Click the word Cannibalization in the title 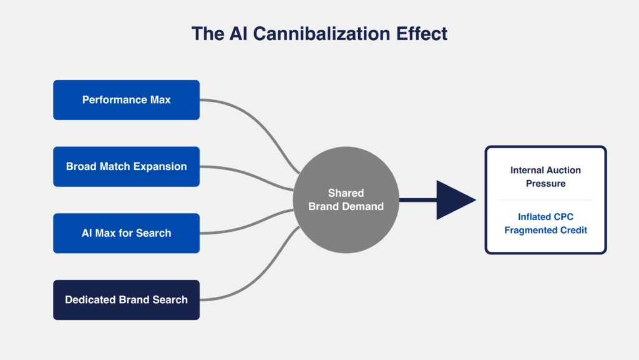[x=315, y=34]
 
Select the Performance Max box [x=126, y=100]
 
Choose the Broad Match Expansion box [x=126, y=167]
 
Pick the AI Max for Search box [x=126, y=233]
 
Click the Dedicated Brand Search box [x=126, y=300]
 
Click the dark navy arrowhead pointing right [x=454, y=200]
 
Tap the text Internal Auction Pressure [x=545, y=177]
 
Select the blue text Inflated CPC [x=545, y=217]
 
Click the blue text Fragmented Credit [x=545, y=230]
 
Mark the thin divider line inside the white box [x=545, y=200]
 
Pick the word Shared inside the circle [x=346, y=193]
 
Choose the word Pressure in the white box [x=545, y=184]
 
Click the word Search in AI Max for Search [x=155, y=233]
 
